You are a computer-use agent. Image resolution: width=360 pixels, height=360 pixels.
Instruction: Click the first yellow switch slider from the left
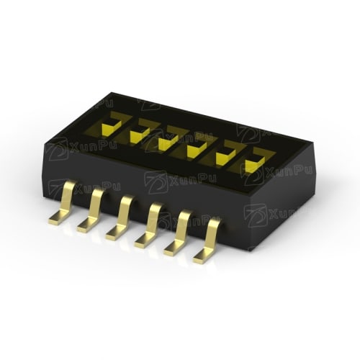point(111,127)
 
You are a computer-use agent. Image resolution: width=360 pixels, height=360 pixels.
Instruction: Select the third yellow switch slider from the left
point(168,142)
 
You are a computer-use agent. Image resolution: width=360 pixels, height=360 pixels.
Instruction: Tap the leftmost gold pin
point(63,202)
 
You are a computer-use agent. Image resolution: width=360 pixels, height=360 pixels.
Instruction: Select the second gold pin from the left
point(91,210)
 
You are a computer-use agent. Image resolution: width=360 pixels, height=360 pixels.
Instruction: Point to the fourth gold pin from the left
point(149,225)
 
